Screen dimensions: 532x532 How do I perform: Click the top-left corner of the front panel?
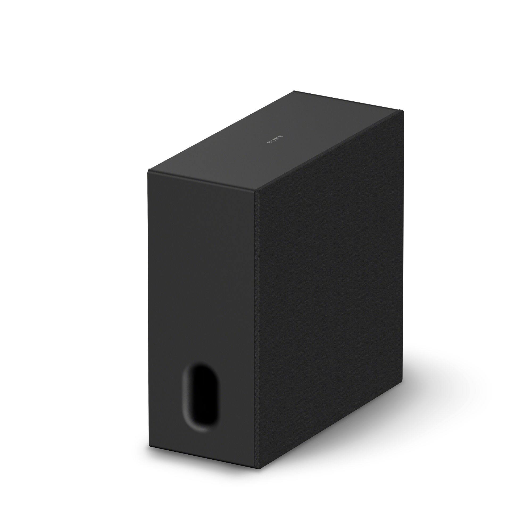point(149,170)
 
